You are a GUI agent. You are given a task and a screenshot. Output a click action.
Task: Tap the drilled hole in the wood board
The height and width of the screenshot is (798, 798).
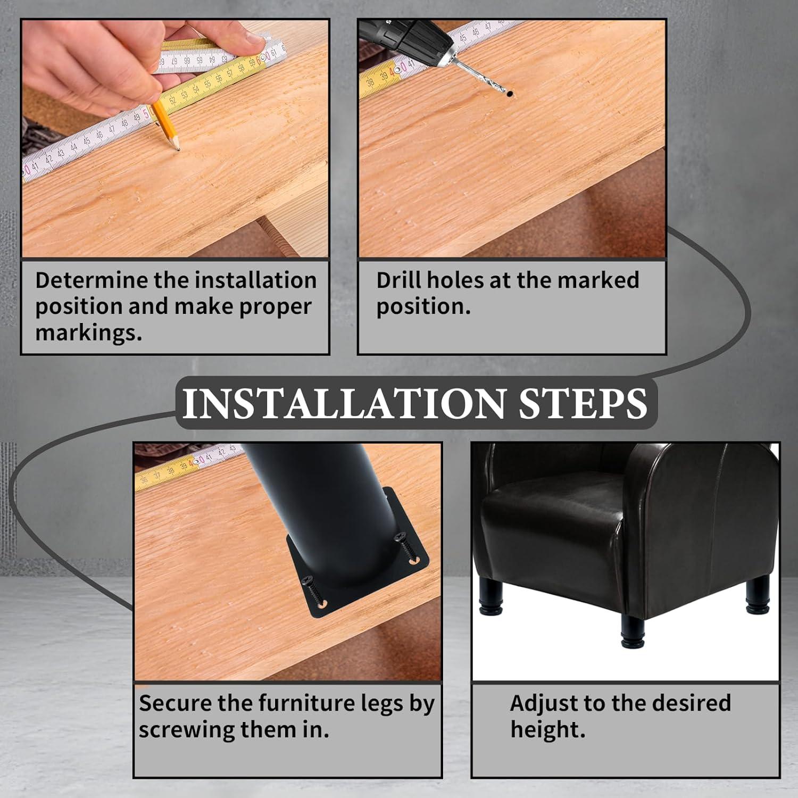click(510, 94)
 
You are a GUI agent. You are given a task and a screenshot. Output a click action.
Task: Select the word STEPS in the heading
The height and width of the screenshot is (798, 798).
click(583, 403)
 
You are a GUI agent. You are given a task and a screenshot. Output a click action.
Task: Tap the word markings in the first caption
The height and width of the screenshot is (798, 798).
click(89, 334)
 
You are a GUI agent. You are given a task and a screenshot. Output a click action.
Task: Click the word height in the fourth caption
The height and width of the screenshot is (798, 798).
click(547, 730)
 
